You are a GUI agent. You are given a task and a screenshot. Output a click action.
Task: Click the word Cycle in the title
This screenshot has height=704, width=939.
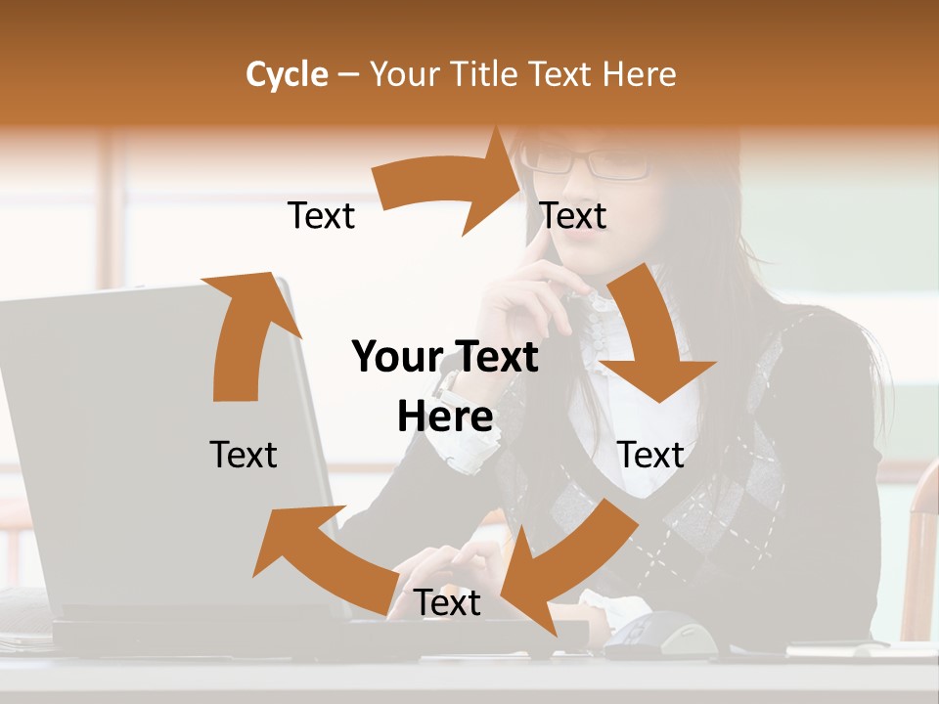click(287, 74)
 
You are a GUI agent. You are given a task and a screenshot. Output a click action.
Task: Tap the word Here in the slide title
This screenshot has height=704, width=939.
click(639, 74)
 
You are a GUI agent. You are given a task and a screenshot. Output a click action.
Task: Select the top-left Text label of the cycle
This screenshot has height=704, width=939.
click(321, 216)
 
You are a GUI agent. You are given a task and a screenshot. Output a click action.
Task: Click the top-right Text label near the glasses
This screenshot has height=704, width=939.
click(573, 216)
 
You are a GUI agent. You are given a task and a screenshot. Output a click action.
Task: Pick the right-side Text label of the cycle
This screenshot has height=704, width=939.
click(650, 455)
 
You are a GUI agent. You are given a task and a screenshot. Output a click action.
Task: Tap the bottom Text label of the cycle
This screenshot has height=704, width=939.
click(447, 603)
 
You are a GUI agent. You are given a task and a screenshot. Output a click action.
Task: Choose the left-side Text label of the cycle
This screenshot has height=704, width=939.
click(244, 455)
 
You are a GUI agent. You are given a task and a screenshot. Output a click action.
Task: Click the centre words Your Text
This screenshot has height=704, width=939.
click(445, 358)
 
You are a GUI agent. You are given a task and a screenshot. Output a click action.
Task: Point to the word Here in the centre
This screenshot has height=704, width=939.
click(445, 418)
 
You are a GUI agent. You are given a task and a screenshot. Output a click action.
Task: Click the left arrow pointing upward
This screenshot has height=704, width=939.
click(245, 332)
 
